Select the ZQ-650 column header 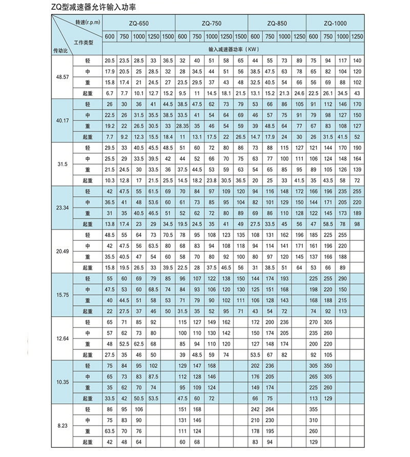coord(138,24)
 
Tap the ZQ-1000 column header coord(336,24)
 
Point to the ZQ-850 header coord(277,24)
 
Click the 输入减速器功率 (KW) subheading coord(233,49)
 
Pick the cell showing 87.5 coord(153,376)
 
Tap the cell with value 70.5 coord(168,235)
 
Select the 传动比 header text coord(60,50)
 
